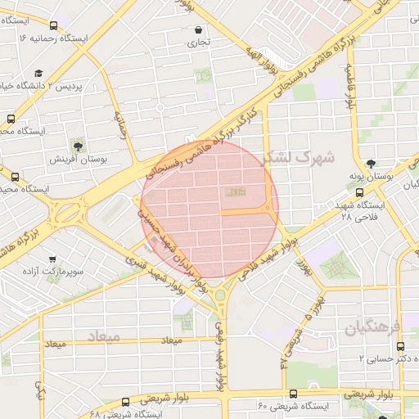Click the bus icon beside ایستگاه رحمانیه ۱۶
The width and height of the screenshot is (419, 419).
point(54,26)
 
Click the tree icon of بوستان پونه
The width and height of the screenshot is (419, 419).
point(371,164)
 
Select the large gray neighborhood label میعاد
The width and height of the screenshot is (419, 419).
point(102,336)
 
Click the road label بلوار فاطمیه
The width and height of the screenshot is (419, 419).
point(349,86)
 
